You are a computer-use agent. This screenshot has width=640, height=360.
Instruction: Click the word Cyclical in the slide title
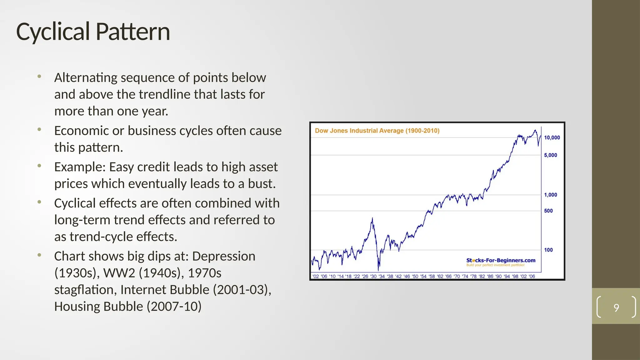tap(53, 32)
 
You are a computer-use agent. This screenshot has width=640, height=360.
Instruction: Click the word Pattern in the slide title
tap(132, 32)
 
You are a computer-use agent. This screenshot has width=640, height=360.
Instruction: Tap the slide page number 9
tap(616, 307)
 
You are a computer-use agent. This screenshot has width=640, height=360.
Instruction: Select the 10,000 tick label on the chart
tap(552, 137)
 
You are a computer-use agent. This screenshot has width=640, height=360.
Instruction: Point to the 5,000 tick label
tap(550, 155)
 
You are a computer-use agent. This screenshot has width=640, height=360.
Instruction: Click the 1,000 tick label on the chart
tap(550, 195)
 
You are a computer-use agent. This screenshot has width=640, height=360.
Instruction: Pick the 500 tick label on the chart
tap(548, 211)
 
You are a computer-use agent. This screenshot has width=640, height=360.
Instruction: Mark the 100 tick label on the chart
tap(548, 250)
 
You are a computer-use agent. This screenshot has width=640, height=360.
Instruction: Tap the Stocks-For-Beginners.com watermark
tap(501, 260)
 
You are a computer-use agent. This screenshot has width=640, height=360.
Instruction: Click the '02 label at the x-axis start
tap(316, 276)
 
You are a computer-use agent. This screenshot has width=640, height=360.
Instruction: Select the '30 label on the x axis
tap(373, 276)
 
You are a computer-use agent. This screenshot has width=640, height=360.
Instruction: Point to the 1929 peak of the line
tap(372, 218)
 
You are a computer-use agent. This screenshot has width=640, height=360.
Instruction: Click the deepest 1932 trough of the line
tap(378, 270)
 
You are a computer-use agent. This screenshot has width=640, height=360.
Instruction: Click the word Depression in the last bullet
tap(223, 256)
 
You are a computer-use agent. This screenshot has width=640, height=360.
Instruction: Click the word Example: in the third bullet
tap(80, 167)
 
